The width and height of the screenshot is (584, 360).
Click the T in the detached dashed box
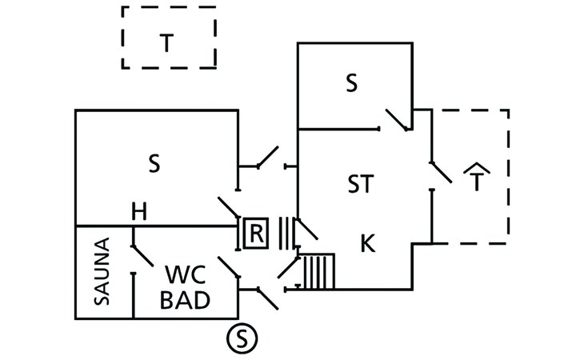coord(166,43)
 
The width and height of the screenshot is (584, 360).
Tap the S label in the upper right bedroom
coord(351,83)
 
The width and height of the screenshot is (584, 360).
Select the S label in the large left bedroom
coord(154,163)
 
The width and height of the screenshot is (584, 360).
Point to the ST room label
coord(361,183)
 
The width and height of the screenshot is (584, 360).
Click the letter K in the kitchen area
coord(368,243)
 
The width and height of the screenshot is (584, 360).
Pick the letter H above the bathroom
coord(139,211)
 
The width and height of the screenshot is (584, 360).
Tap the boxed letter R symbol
coord(256,234)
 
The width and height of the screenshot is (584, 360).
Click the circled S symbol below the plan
coord(242,338)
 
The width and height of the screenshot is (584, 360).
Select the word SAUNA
coord(102,271)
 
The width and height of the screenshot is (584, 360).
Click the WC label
coord(185,274)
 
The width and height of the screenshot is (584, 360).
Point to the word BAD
coord(185,300)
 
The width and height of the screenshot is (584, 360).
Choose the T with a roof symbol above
coord(477,177)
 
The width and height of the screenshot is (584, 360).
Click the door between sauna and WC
coord(142,256)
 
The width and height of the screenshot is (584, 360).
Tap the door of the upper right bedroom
coord(397,120)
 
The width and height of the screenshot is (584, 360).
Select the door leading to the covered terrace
coord(442,172)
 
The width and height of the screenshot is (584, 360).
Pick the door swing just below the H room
coord(229,207)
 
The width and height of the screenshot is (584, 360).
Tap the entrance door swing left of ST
coord(267,157)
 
